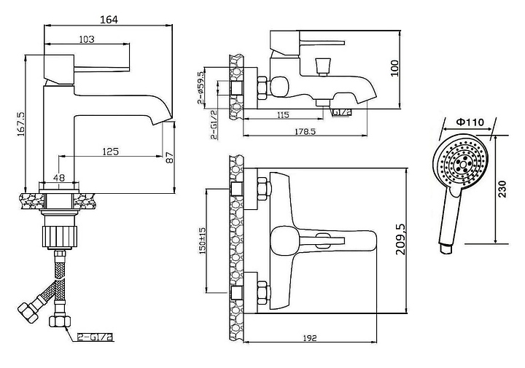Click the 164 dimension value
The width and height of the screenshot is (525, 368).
click(x=109, y=20)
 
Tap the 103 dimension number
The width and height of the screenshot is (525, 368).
click(x=87, y=39)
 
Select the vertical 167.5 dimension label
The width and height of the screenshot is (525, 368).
click(x=20, y=124)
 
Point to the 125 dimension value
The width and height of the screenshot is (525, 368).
click(x=111, y=152)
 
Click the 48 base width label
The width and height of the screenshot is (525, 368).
click(x=59, y=177)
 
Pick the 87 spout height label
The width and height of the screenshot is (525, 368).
click(x=170, y=157)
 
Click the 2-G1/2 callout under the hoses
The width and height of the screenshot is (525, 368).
click(x=95, y=337)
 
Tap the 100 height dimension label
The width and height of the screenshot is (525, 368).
click(x=394, y=68)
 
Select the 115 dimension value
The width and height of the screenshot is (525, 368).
click(x=283, y=115)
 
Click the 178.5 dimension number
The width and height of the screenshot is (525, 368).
click(x=305, y=131)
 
